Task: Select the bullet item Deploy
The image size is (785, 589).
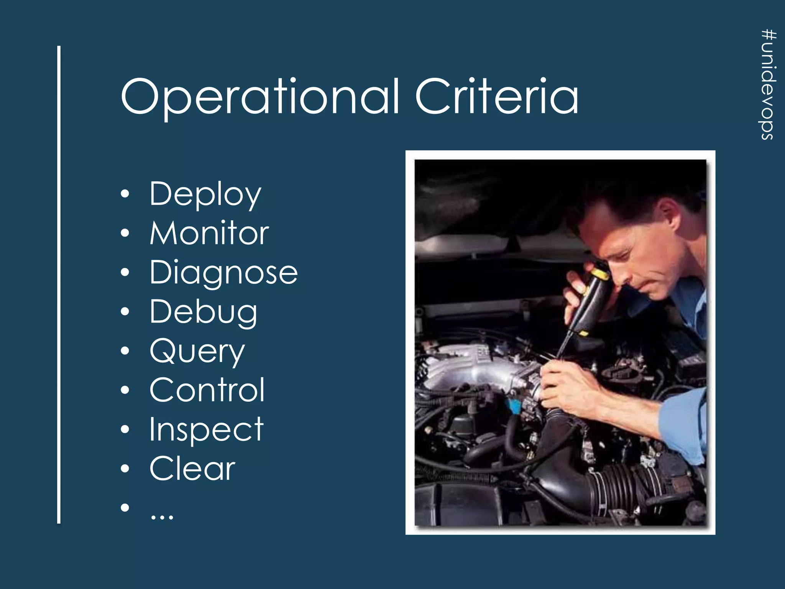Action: coord(205,194)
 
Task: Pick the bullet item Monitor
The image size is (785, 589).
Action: coord(209,233)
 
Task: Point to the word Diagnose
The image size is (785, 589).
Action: coord(223,273)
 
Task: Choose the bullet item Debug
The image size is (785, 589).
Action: coord(203,312)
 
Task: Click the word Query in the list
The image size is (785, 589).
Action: coord(197,352)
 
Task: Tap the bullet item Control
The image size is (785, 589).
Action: coord(207,390)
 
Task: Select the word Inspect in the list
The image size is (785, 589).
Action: coord(206,429)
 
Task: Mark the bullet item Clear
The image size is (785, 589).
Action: coord(192,469)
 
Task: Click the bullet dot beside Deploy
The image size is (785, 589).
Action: coord(125,194)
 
